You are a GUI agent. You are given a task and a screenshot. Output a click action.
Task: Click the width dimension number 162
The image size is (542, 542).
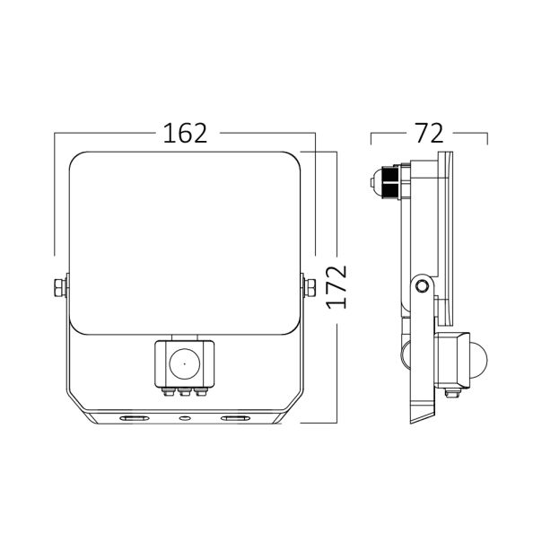(x=185, y=133)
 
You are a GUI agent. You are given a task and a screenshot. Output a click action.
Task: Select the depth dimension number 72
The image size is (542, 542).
(x=429, y=133)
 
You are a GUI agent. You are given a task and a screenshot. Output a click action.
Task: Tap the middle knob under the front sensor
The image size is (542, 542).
(x=184, y=391)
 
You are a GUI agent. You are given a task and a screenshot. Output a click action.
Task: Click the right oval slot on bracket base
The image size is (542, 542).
(x=234, y=418)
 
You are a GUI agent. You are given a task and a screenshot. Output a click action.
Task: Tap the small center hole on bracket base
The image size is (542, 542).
(x=184, y=418)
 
